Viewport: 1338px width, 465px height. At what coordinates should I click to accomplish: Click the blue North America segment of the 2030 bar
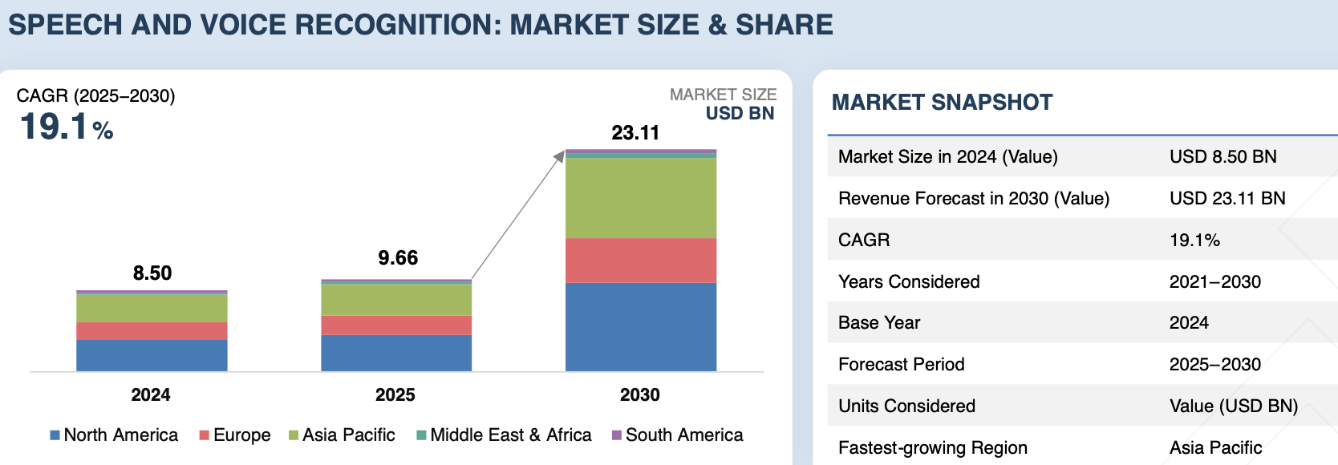640,326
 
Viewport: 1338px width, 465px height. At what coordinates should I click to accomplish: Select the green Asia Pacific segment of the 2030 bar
640,197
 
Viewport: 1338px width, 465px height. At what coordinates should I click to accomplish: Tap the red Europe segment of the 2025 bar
396,325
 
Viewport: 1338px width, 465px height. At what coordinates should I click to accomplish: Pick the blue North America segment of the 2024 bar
152,355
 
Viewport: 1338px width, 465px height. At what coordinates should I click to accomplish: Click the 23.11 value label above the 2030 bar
635,133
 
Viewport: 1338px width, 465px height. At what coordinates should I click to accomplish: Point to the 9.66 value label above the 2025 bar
398,258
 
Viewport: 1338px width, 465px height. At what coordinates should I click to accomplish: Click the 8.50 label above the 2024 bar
152,273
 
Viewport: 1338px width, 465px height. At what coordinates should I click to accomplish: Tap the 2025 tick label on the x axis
395,394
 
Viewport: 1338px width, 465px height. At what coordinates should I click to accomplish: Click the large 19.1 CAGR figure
55,127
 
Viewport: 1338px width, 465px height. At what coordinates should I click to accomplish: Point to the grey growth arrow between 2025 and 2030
517,215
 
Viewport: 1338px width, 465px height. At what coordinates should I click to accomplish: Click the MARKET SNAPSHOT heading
942,103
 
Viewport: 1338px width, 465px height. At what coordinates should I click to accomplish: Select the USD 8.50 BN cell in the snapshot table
1222,157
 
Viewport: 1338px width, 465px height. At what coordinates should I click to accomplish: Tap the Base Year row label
879,323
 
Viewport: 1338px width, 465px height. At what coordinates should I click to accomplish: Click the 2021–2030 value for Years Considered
1214,282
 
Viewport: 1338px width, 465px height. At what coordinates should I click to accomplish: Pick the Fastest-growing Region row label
932,448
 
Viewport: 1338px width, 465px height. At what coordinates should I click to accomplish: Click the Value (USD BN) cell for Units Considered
1233,406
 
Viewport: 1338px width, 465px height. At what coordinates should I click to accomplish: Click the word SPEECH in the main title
66,25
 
